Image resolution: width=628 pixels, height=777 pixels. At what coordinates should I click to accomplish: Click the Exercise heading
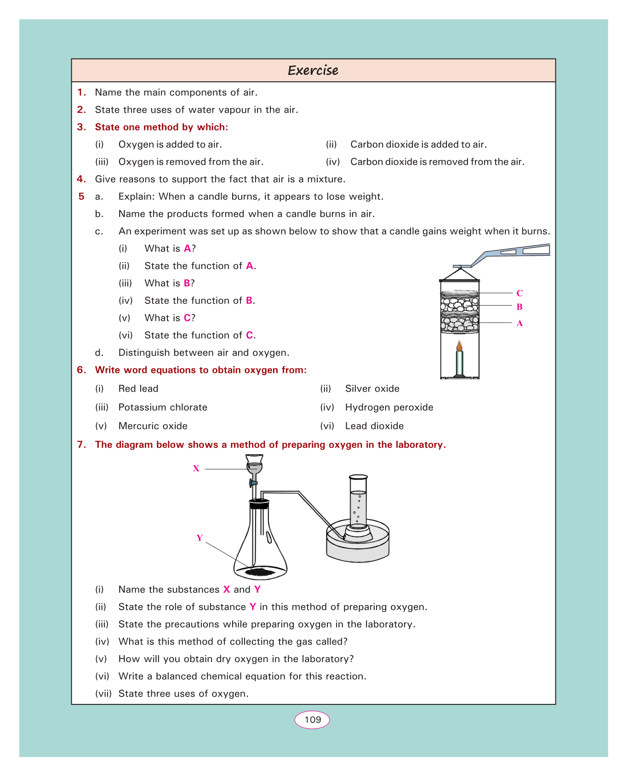[x=313, y=70]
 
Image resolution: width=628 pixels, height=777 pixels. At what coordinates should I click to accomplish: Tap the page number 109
[x=313, y=720]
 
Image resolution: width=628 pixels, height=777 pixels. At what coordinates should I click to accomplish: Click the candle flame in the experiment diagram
[x=459, y=345]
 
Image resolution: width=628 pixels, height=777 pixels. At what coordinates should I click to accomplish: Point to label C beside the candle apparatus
[x=520, y=293]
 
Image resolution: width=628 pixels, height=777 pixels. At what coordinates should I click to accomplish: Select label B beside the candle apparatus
[x=520, y=307]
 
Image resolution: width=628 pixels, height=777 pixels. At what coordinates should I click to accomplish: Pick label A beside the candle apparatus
[x=520, y=324]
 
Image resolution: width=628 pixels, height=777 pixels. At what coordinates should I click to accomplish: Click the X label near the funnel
[x=196, y=468]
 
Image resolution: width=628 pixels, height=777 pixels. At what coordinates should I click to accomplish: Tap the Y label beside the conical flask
[x=200, y=538]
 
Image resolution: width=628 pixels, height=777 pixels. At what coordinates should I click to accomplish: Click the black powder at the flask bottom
[x=260, y=572]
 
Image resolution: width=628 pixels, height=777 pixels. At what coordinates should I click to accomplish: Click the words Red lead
[x=138, y=388]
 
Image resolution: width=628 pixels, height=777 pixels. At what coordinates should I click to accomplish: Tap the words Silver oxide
[x=372, y=388]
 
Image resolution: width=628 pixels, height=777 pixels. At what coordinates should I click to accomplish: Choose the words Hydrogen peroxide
[x=389, y=407]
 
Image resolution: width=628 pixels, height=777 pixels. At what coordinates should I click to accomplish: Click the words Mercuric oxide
[x=153, y=426]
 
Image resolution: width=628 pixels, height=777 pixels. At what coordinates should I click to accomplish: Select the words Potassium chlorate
[x=163, y=407]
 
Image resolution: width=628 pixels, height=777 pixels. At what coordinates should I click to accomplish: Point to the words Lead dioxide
[x=375, y=426]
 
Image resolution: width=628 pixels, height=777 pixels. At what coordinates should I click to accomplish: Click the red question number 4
[x=81, y=179]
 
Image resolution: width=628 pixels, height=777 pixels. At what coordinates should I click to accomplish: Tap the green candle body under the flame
[x=459, y=363]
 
